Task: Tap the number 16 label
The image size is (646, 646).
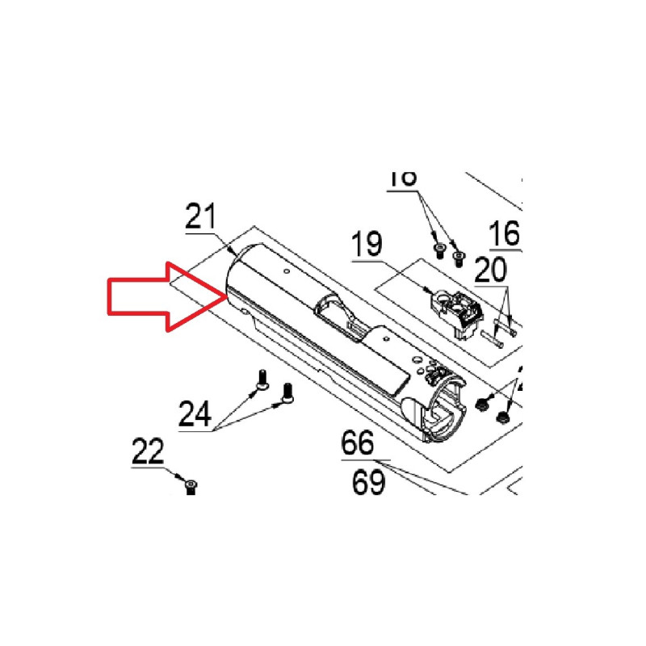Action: pos(504,234)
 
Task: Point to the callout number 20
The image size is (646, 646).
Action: pos(493,267)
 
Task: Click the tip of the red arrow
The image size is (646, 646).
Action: pos(223,296)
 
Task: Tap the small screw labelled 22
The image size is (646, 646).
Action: pos(191,485)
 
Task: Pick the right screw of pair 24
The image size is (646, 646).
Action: pos(286,393)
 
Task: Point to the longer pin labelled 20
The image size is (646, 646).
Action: pos(493,340)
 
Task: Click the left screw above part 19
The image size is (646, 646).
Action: pos(439,250)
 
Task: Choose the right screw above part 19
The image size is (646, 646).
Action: pos(459,258)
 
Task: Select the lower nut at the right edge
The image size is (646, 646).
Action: pos(501,417)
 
